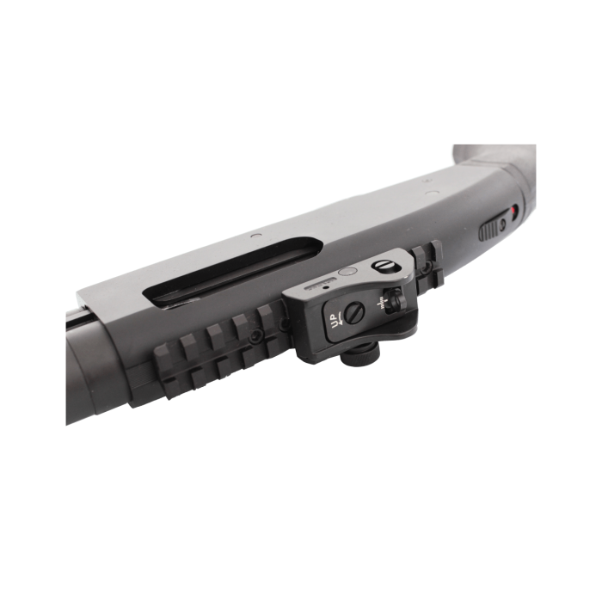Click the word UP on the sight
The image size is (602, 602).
coord(334,322)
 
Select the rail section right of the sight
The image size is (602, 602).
coord(427,261)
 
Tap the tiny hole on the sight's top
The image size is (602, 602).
coord(325,289)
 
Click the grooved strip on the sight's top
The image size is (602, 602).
coord(319,281)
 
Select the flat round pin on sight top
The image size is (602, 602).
coord(347,273)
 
